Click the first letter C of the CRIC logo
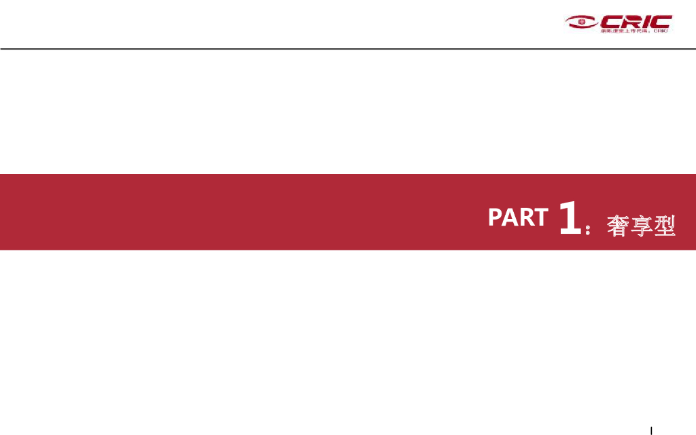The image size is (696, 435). click(609, 21)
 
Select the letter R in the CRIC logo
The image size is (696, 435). click(631, 21)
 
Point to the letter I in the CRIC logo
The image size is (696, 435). click(646, 21)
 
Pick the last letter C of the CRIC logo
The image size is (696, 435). click(661, 21)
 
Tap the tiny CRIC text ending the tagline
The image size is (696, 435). click(661, 31)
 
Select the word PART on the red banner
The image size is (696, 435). click(517, 217)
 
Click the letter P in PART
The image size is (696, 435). click(494, 217)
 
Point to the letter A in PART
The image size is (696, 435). click(508, 217)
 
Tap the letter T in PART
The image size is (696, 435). click(540, 217)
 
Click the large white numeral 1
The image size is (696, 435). click(570, 217)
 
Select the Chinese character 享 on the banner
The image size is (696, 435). click(640, 225)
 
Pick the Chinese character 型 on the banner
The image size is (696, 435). click(663, 225)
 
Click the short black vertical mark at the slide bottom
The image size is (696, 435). click(651, 430)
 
